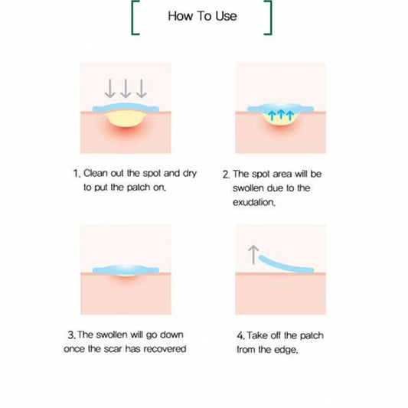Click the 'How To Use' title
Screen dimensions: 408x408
tap(202, 16)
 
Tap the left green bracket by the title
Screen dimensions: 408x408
tap(132, 18)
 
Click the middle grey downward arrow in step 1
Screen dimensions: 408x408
tap(126, 89)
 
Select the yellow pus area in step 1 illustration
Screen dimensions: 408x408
tap(126, 119)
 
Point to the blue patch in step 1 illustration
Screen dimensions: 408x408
tap(126, 107)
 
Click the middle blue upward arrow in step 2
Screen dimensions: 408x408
tap(280, 115)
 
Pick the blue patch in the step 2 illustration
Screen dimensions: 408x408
tap(280, 108)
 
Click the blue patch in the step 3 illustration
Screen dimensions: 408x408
tap(126, 269)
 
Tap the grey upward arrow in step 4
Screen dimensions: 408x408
tap(253, 254)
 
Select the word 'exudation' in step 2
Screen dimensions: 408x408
tap(253, 202)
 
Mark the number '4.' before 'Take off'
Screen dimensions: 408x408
tap(240, 336)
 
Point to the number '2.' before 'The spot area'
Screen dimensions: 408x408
tap(226, 175)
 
